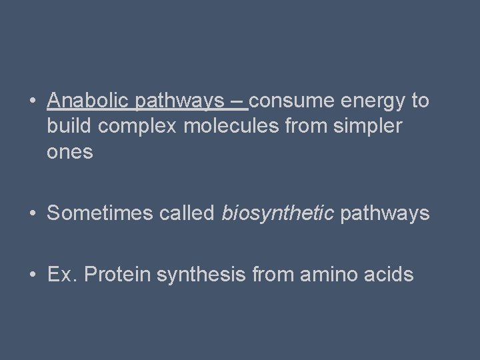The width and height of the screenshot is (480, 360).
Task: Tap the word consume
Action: [x=293, y=101]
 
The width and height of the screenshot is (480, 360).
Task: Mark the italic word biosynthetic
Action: [x=278, y=214]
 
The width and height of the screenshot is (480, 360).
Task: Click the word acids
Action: [x=388, y=274]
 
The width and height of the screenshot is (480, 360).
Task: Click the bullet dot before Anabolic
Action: [x=32, y=102]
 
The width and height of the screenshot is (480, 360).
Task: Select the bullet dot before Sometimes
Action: [x=32, y=214]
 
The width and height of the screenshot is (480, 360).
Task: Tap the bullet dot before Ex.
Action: [x=32, y=275]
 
